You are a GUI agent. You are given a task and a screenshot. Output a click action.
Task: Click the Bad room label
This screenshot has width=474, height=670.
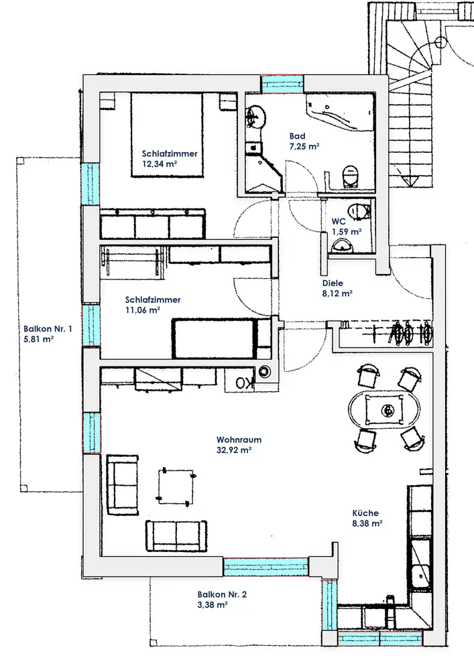tap(297, 136)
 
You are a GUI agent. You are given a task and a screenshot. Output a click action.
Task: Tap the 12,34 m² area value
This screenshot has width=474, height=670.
tap(160, 163)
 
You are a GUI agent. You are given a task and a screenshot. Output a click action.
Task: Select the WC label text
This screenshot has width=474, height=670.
tap(339, 222)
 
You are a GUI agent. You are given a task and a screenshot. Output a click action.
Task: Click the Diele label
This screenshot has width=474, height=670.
tap(333, 283)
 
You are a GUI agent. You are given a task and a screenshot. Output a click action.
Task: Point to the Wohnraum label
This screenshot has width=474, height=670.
tap(239, 440)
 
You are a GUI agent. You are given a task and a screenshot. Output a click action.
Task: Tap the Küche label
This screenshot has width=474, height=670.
tap(365, 513)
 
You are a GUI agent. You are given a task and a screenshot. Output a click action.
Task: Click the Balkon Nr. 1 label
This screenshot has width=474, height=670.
tap(48, 328)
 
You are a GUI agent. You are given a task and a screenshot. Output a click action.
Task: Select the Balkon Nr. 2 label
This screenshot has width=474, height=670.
tap(222, 594)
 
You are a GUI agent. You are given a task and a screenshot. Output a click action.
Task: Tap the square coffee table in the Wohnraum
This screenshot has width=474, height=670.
tap(176, 486)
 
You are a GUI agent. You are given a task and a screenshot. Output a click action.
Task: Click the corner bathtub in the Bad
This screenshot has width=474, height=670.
tap(340, 113)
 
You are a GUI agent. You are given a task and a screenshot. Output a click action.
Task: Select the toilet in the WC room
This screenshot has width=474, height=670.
tap(359, 211)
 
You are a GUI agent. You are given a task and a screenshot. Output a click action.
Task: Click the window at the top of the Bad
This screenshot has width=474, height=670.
tap(282, 84)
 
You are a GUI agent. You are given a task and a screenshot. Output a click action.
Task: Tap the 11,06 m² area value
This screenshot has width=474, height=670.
tap(142, 310)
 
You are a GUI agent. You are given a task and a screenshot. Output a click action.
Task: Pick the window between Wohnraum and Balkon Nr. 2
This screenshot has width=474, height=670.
tap(265, 567)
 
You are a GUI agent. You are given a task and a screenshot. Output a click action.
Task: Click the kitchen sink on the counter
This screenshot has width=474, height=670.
tap(420, 578)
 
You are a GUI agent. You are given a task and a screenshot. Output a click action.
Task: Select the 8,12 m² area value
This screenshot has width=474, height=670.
tap(337, 293)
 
